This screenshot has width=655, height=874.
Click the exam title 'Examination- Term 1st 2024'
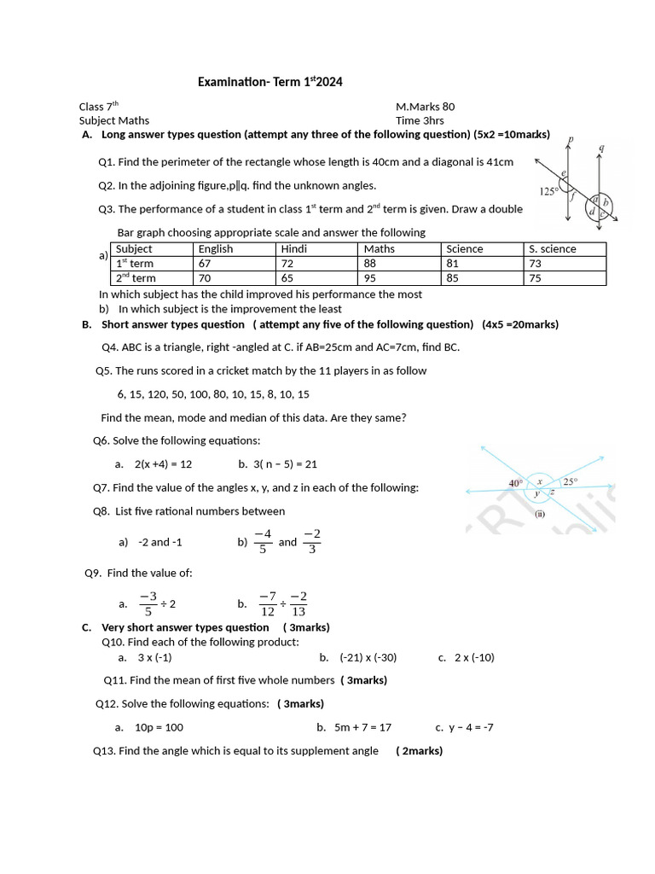point(270,82)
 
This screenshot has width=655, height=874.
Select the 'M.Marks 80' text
point(425,107)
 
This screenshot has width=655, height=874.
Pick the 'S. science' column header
point(552,248)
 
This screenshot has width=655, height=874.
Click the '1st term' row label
point(135,263)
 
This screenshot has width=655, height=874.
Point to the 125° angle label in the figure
point(548,191)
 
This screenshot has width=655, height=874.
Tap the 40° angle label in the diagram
point(515,483)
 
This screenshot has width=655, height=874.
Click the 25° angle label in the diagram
point(570,481)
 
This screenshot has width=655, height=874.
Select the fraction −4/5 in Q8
point(263,541)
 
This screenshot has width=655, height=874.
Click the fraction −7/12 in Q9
point(268,603)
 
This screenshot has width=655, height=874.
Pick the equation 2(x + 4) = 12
point(163,463)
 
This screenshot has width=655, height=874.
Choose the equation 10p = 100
point(159,727)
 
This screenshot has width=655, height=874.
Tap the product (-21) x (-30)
point(368,657)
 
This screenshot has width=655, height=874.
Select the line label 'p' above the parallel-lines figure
point(571,138)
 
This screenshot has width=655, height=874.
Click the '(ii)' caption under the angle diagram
point(539,514)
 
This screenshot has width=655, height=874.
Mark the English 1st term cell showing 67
point(205,263)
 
